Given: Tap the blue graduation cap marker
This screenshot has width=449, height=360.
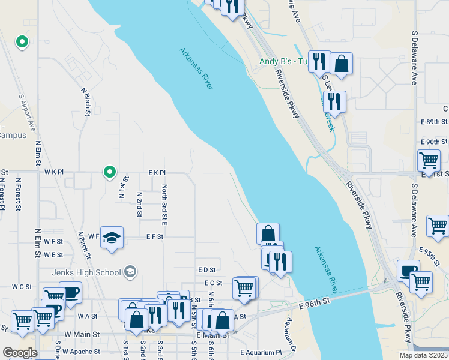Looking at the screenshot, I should click(112, 239).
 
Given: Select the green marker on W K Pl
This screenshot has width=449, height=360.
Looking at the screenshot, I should click(109, 172).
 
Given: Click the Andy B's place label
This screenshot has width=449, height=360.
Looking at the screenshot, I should click(283, 61).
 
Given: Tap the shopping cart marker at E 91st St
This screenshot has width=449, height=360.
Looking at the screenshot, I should click(429, 161).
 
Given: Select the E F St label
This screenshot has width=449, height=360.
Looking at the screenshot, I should click(155, 237).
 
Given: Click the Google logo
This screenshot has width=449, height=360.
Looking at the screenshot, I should click(20, 353).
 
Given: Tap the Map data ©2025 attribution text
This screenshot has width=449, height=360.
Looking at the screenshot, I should click(424, 355).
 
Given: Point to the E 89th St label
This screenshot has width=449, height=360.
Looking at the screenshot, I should click(434, 122).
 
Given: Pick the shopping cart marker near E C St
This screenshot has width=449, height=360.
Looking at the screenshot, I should click(244, 288).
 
